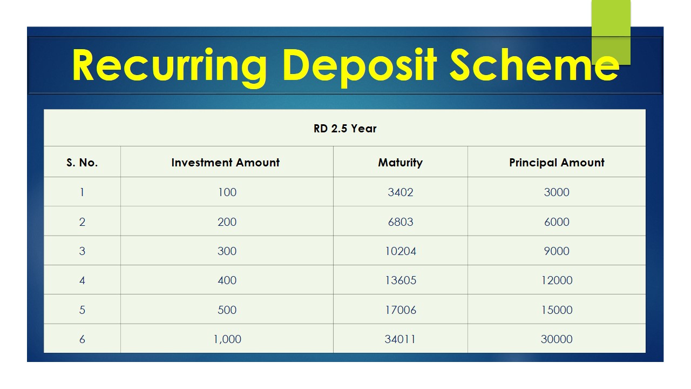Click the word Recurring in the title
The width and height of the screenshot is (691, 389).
pos(170,67)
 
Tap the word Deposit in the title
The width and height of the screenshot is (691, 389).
pos(360,67)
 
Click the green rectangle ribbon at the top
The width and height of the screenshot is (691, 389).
pos(611,32)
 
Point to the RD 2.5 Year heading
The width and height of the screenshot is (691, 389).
pos(345,129)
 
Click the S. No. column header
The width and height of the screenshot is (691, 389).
pos(82,163)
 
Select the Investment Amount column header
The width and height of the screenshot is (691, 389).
pos(226,163)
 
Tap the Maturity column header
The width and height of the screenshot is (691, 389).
pos(401,163)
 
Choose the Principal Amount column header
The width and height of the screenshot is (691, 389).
pos(557,163)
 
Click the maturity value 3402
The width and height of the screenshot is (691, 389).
pos(401,192)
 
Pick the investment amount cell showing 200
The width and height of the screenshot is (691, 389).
pos(227,222)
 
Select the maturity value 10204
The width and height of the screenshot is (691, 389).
pos(401,251)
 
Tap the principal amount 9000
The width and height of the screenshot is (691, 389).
pos(557,251)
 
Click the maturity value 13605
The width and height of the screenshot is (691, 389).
pos(401,280)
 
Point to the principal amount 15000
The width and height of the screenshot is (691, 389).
pos(557,310)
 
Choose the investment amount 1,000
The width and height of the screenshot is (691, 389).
pos(227,339)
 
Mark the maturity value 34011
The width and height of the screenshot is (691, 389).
pos(400,339)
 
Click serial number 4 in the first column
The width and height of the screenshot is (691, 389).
pos(82,280)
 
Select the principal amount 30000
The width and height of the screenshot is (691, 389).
pos(557,339)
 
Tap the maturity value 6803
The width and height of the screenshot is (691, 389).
pos(401,222)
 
